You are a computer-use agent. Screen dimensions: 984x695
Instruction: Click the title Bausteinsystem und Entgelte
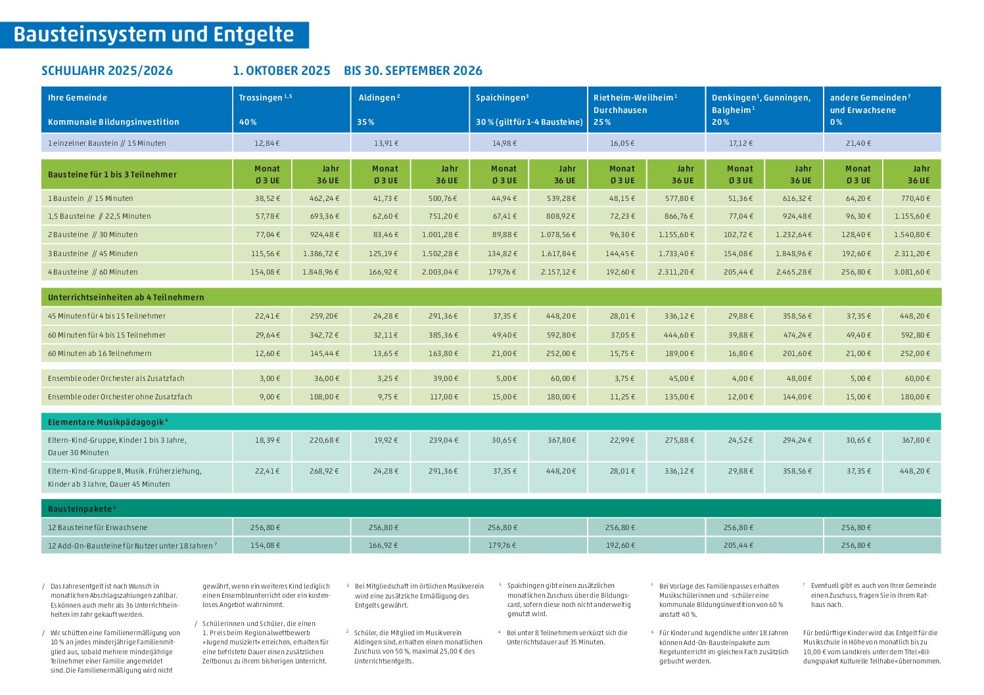[154, 35]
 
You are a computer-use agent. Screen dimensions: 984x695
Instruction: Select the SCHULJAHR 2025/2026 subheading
[107, 71]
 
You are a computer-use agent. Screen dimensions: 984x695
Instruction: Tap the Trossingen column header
[266, 97]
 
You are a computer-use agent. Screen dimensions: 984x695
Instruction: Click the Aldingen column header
[379, 97]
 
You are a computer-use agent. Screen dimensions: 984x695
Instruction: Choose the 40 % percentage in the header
[248, 122]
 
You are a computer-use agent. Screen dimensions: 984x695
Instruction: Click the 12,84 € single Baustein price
[267, 143]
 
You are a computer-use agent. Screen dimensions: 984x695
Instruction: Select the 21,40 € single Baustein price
[858, 143]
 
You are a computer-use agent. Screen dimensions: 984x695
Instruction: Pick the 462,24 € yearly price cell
[324, 198]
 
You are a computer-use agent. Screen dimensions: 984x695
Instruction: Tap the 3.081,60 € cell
[912, 272]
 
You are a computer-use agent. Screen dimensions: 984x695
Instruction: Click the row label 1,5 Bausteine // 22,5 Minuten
[99, 216]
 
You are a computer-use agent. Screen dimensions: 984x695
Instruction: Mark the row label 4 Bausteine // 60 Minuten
[93, 272]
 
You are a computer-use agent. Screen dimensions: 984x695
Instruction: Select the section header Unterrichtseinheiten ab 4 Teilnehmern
[126, 297]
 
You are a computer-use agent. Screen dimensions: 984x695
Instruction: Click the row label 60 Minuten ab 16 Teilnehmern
[100, 353]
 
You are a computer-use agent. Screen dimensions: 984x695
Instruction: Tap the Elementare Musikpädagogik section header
[108, 422]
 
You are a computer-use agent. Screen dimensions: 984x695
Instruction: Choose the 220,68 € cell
[324, 440]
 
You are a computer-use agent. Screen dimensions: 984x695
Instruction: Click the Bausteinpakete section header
[82, 509]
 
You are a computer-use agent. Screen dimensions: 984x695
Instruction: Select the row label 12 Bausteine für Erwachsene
[97, 527]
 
